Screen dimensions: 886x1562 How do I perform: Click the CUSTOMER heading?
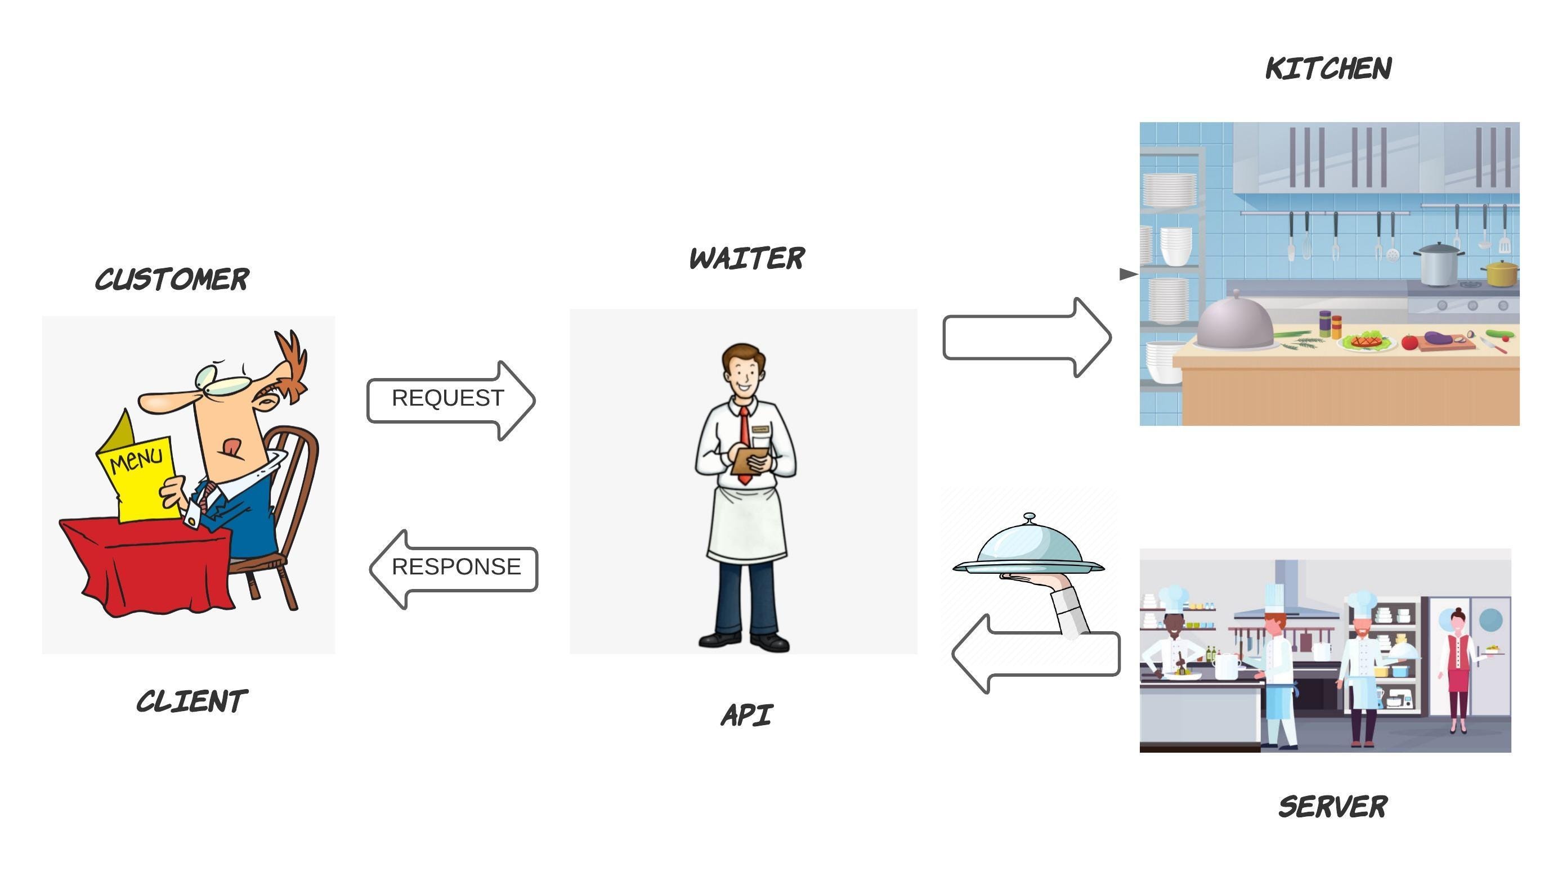tap(172, 280)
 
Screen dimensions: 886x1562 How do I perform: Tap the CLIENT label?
tap(192, 701)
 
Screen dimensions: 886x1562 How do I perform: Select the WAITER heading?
tap(747, 259)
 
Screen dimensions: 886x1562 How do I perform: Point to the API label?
tap(747, 715)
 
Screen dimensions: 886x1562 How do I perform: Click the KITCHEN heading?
tap(1328, 68)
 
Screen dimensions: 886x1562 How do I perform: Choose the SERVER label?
tap(1332, 807)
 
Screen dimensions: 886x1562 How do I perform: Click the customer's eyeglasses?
tap(223, 380)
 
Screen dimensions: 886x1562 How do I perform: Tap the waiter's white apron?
tap(747, 523)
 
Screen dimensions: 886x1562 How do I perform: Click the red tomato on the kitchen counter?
tap(1408, 342)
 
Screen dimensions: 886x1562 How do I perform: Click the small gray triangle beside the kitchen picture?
tap(1127, 274)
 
